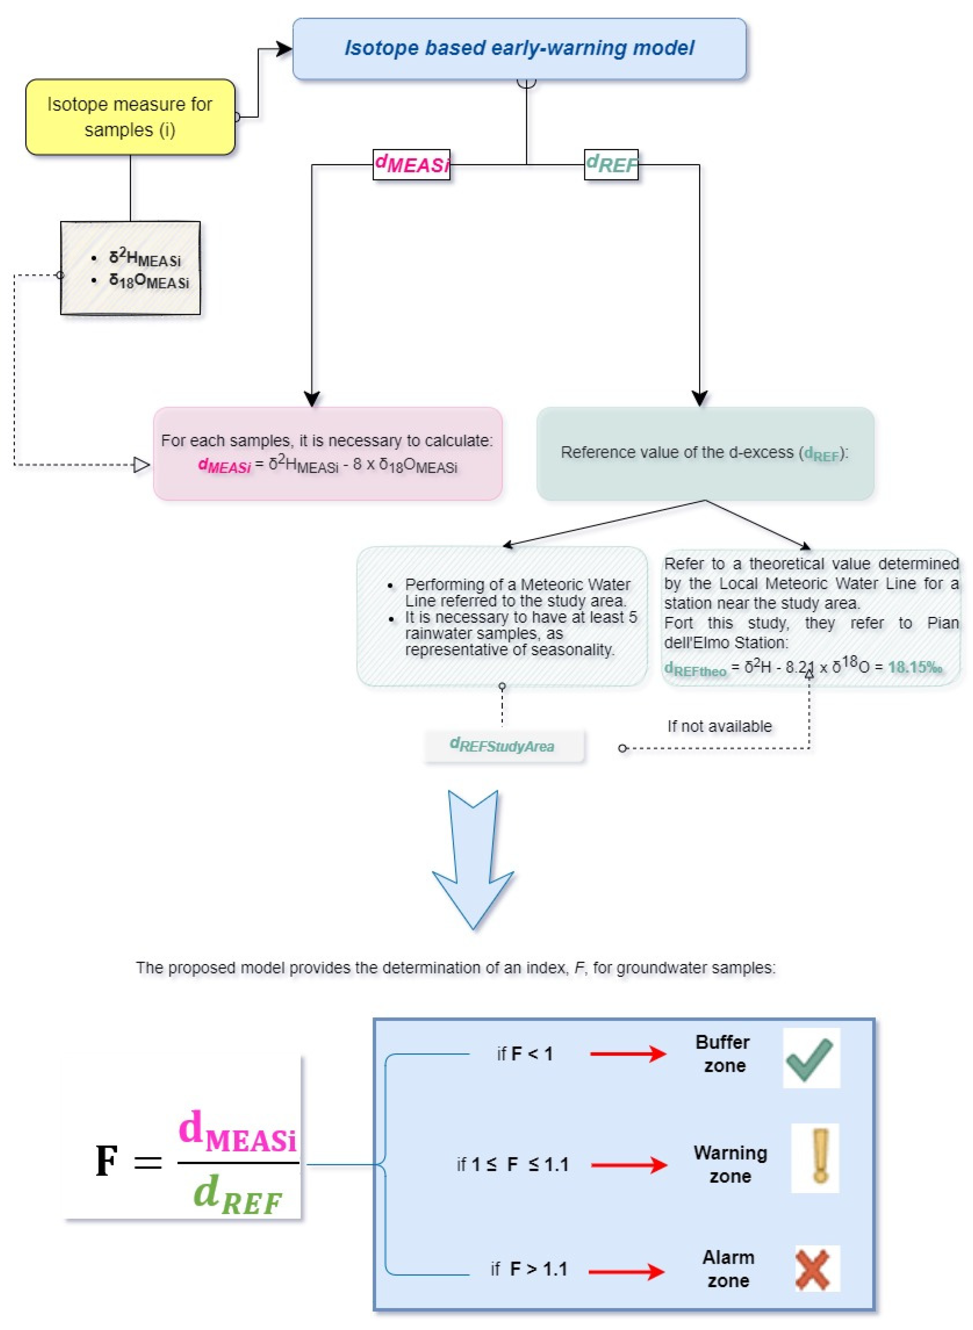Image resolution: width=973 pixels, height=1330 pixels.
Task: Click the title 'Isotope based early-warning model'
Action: click(519, 48)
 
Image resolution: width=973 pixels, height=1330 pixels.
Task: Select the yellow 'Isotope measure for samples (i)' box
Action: click(130, 117)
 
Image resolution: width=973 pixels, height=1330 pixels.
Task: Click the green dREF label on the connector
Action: click(611, 164)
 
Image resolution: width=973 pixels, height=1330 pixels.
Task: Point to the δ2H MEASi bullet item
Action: click(144, 258)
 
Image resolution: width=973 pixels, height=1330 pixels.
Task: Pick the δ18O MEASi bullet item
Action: click(148, 281)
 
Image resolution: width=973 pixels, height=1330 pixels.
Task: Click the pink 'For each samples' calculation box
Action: click(327, 453)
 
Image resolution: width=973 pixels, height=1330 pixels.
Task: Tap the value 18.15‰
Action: click(914, 667)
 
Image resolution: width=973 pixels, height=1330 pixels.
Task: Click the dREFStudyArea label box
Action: click(503, 745)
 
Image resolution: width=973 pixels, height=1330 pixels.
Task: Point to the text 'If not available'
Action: click(719, 726)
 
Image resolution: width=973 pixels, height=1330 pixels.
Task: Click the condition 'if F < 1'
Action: click(524, 1054)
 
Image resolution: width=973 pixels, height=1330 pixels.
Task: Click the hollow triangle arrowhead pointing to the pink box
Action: click(141, 465)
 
